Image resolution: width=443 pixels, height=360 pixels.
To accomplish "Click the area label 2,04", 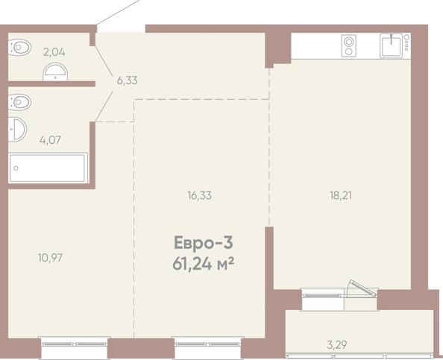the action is click(54, 52).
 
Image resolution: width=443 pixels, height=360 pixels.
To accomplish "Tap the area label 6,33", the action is click(127, 80).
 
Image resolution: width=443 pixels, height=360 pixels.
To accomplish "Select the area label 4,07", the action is click(50, 140).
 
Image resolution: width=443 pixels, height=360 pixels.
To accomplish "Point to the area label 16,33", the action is click(199, 195).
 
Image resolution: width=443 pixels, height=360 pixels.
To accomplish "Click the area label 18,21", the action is click(341, 195).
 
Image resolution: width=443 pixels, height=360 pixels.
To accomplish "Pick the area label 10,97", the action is click(50, 258).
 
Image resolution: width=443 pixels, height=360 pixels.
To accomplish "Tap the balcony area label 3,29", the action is click(337, 345).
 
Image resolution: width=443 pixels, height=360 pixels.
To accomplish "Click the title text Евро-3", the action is click(204, 243).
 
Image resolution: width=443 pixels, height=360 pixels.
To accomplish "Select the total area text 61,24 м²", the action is click(204, 265).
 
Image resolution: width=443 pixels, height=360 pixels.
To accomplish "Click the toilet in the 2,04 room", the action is click(19, 47).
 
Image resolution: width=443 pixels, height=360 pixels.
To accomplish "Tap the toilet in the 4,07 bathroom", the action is click(19, 102).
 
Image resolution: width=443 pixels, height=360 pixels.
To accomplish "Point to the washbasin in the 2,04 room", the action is click(55, 72).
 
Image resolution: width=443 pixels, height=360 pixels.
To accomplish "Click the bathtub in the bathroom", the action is click(48, 168).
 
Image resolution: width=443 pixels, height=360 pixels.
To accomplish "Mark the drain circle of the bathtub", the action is click(16, 168).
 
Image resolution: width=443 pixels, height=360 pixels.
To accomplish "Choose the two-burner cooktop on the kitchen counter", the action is click(348, 46).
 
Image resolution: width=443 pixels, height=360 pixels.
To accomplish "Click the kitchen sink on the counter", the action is click(392, 45).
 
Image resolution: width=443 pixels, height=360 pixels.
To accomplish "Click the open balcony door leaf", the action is click(362, 288).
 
